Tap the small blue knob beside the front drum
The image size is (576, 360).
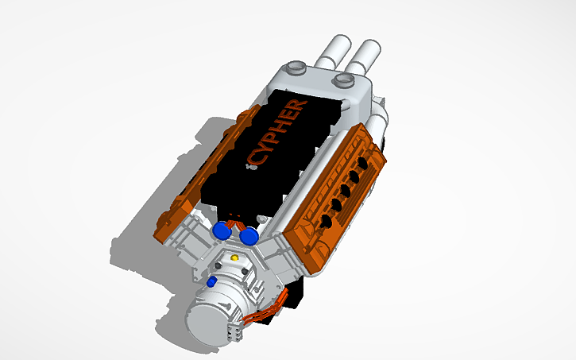coord(211,281)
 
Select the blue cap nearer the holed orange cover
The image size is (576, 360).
coord(249,235)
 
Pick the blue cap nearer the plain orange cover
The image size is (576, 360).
coord(219,230)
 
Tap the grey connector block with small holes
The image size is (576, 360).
coord(236,331)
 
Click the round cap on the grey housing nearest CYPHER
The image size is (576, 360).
coord(295,68)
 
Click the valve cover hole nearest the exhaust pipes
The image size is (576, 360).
coord(363,161)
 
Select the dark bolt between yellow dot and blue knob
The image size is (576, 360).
coord(219,267)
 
